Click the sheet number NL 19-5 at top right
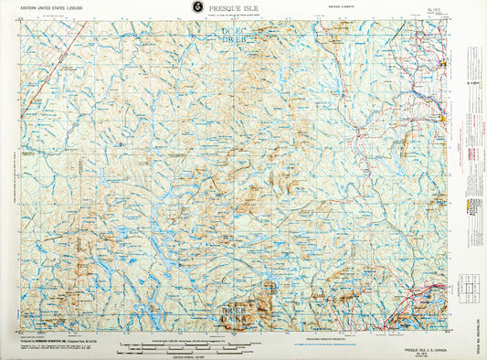click(x=444, y=8)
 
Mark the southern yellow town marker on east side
click(x=443, y=118)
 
